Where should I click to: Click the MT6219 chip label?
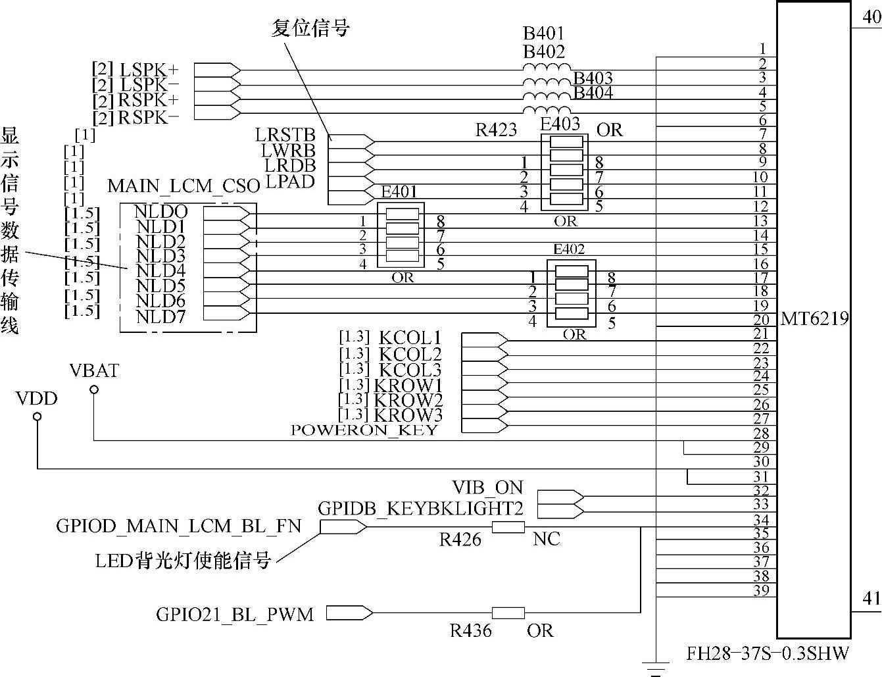pyautogui.click(x=814, y=320)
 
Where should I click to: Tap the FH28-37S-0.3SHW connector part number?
pyautogui.click(x=768, y=653)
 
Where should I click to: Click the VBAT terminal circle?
pyautogui.click(x=94, y=389)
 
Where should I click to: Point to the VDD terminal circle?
pyautogui.click(x=37, y=416)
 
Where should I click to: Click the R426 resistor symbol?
pyautogui.click(x=508, y=526)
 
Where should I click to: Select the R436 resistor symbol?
pyautogui.click(x=508, y=613)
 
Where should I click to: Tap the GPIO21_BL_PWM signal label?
pyautogui.click(x=235, y=614)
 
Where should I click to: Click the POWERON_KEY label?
pyautogui.click(x=364, y=430)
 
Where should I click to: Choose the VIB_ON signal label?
pyautogui.click(x=487, y=488)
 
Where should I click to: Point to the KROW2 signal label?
pyautogui.click(x=408, y=400)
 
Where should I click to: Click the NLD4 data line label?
pyautogui.click(x=160, y=270)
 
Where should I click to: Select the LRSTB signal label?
pyautogui.click(x=285, y=135)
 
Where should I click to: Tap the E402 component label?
pyautogui.click(x=569, y=249)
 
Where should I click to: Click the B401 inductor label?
pyautogui.click(x=543, y=33)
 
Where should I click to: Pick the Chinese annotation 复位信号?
pyautogui.click(x=310, y=28)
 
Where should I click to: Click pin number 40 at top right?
pyautogui.click(x=871, y=17)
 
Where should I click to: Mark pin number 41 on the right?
pyautogui.click(x=871, y=598)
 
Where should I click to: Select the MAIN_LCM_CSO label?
pyautogui.click(x=184, y=186)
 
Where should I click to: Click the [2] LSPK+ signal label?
pyautogui.click(x=135, y=69)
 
